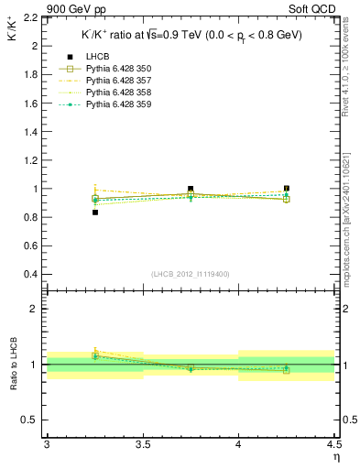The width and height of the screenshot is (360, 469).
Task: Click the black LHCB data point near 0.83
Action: pos(94,213)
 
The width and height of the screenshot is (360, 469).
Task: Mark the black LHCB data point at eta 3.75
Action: pos(191,189)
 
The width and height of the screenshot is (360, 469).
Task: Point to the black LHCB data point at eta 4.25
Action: pos(287,189)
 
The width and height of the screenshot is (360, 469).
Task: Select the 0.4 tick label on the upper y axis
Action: pos(30,275)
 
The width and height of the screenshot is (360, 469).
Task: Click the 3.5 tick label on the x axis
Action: pos(142,443)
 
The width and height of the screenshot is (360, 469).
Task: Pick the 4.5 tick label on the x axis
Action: pos(333,443)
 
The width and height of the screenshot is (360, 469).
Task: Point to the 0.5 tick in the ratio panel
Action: pos(30,420)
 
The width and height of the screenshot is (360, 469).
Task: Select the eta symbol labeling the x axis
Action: pos(335,456)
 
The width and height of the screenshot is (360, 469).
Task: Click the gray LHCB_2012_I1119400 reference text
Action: pos(191,274)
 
